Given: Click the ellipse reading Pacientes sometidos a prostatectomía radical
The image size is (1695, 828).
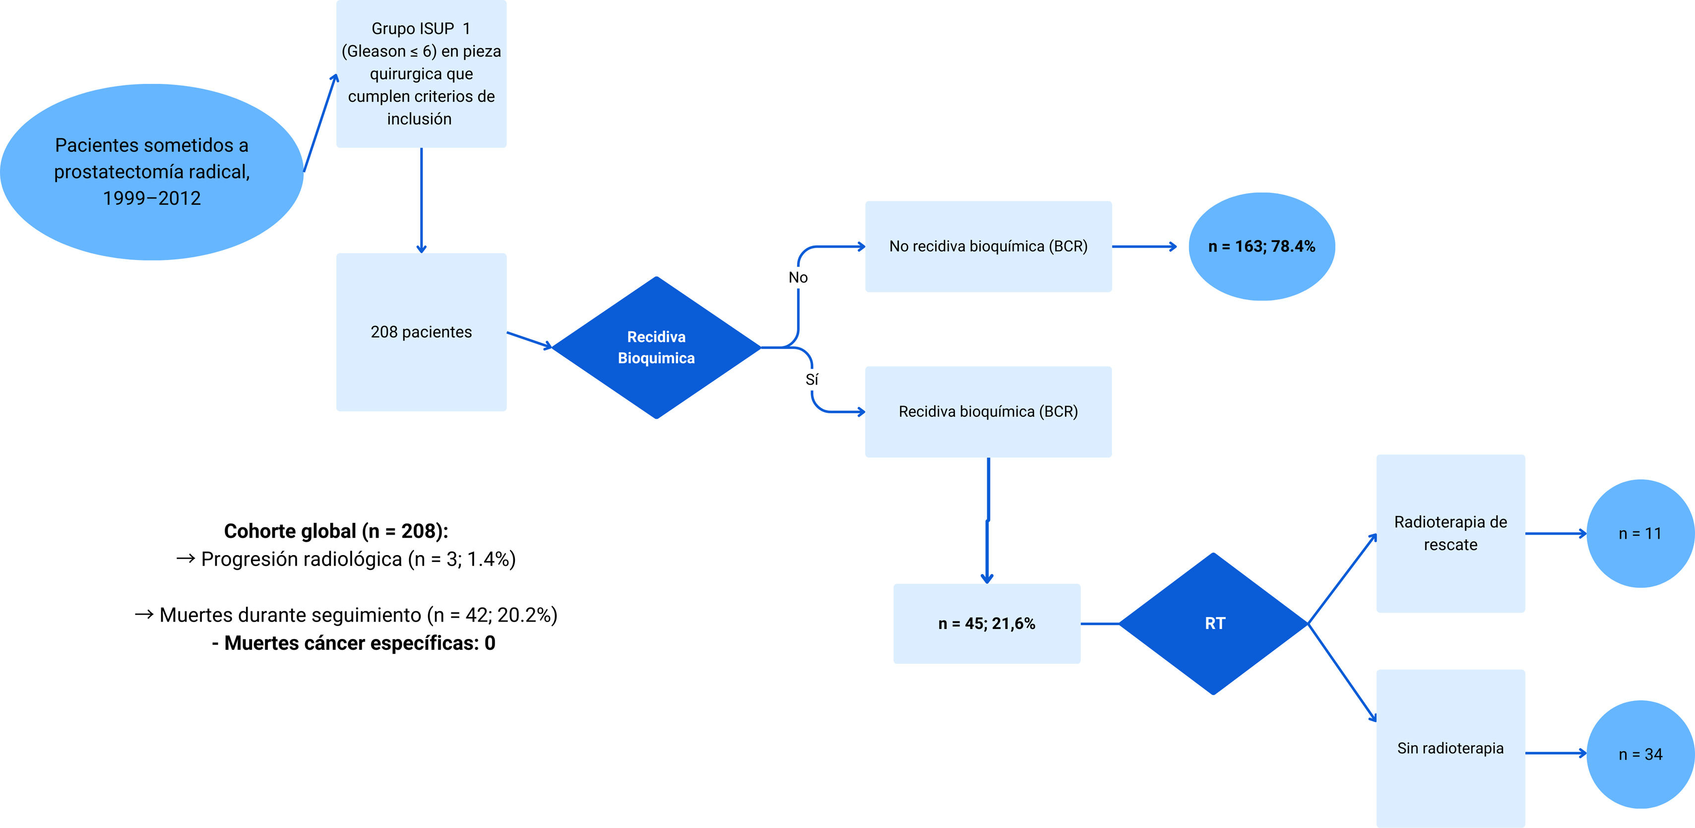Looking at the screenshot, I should coord(151,171).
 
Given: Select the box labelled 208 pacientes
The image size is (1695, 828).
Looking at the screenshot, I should coord(421,332).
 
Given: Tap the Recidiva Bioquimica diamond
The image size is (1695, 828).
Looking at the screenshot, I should coord(656,348).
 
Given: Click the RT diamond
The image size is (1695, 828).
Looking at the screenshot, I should coord(1214,623).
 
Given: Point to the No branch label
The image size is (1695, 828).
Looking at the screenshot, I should coord(798,278).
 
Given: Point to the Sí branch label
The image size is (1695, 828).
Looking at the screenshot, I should coord(812,380).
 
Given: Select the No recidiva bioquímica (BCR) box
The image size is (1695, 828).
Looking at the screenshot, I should coord(988,246).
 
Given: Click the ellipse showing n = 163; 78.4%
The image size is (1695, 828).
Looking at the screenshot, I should coord(1261,246).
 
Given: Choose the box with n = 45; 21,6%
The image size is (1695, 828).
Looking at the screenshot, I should coord(986,623).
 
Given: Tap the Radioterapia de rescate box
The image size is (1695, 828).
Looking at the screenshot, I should coord(1450,533).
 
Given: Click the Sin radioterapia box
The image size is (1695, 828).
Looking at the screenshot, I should coord(1450,748).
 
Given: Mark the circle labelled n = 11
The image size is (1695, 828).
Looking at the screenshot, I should coord(1640,533).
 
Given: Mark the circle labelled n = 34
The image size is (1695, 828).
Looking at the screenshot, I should coord(1640,754).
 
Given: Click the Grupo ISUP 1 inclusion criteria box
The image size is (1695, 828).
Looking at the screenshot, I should coord(421,74).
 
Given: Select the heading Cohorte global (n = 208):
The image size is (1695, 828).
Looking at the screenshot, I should coord(336,531).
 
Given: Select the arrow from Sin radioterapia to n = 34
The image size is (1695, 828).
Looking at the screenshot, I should coord(1556,753).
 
